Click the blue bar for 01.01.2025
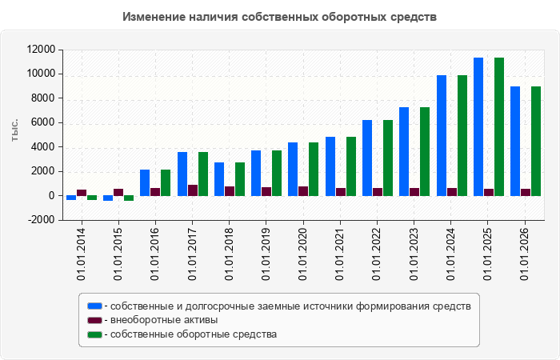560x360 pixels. click(x=478, y=126)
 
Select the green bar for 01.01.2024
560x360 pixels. click(x=462, y=136)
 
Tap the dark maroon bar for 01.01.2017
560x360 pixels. click(x=193, y=190)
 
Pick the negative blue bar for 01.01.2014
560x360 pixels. click(x=71, y=198)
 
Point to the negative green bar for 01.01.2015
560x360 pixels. click(x=129, y=198)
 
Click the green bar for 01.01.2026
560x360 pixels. click(x=536, y=141)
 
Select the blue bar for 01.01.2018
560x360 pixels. click(x=219, y=179)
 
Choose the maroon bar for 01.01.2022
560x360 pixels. click(x=378, y=192)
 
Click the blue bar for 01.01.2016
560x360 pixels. click(x=145, y=183)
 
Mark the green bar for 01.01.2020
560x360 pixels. click(x=314, y=170)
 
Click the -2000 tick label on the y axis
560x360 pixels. click(x=42, y=220)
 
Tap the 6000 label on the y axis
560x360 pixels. click(x=43, y=122)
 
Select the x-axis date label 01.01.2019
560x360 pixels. click(x=266, y=254)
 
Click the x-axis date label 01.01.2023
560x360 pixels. click(x=414, y=254)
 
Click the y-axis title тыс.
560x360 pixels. click(x=14, y=130)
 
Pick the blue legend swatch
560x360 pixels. click(x=94, y=306)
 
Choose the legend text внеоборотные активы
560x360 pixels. click(x=164, y=320)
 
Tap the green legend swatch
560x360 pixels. click(x=94, y=334)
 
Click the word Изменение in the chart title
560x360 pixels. click(x=154, y=17)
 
